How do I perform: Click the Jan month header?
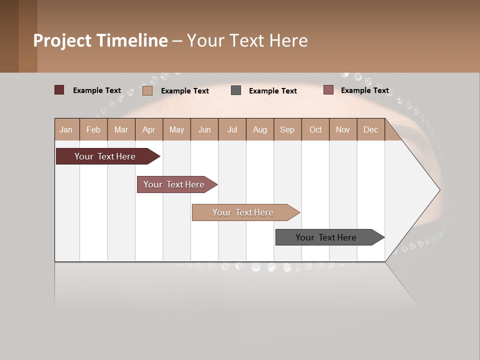coord(66,130)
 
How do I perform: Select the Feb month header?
coord(93,130)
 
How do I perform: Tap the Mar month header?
coord(121,130)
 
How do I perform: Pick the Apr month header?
coord(149,130)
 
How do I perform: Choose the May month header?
coord(176,130)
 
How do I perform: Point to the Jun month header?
coord(204,130)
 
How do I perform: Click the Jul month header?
coord(232,130)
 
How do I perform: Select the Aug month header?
coord(260,130)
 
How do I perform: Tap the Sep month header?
coord(287,130)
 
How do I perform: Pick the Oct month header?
coord(315,130)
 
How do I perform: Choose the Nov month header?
coord(343,130)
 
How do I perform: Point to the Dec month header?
coord(370,130)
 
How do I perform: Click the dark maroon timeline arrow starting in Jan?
coord(105,156)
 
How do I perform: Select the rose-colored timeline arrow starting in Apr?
coord(174,184)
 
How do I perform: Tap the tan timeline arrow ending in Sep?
coord(243,212)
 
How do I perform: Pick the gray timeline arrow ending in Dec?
coord(326,237)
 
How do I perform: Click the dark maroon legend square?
coord(59,90)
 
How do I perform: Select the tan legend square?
coord(147,90)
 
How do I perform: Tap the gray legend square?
coord(236,90)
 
